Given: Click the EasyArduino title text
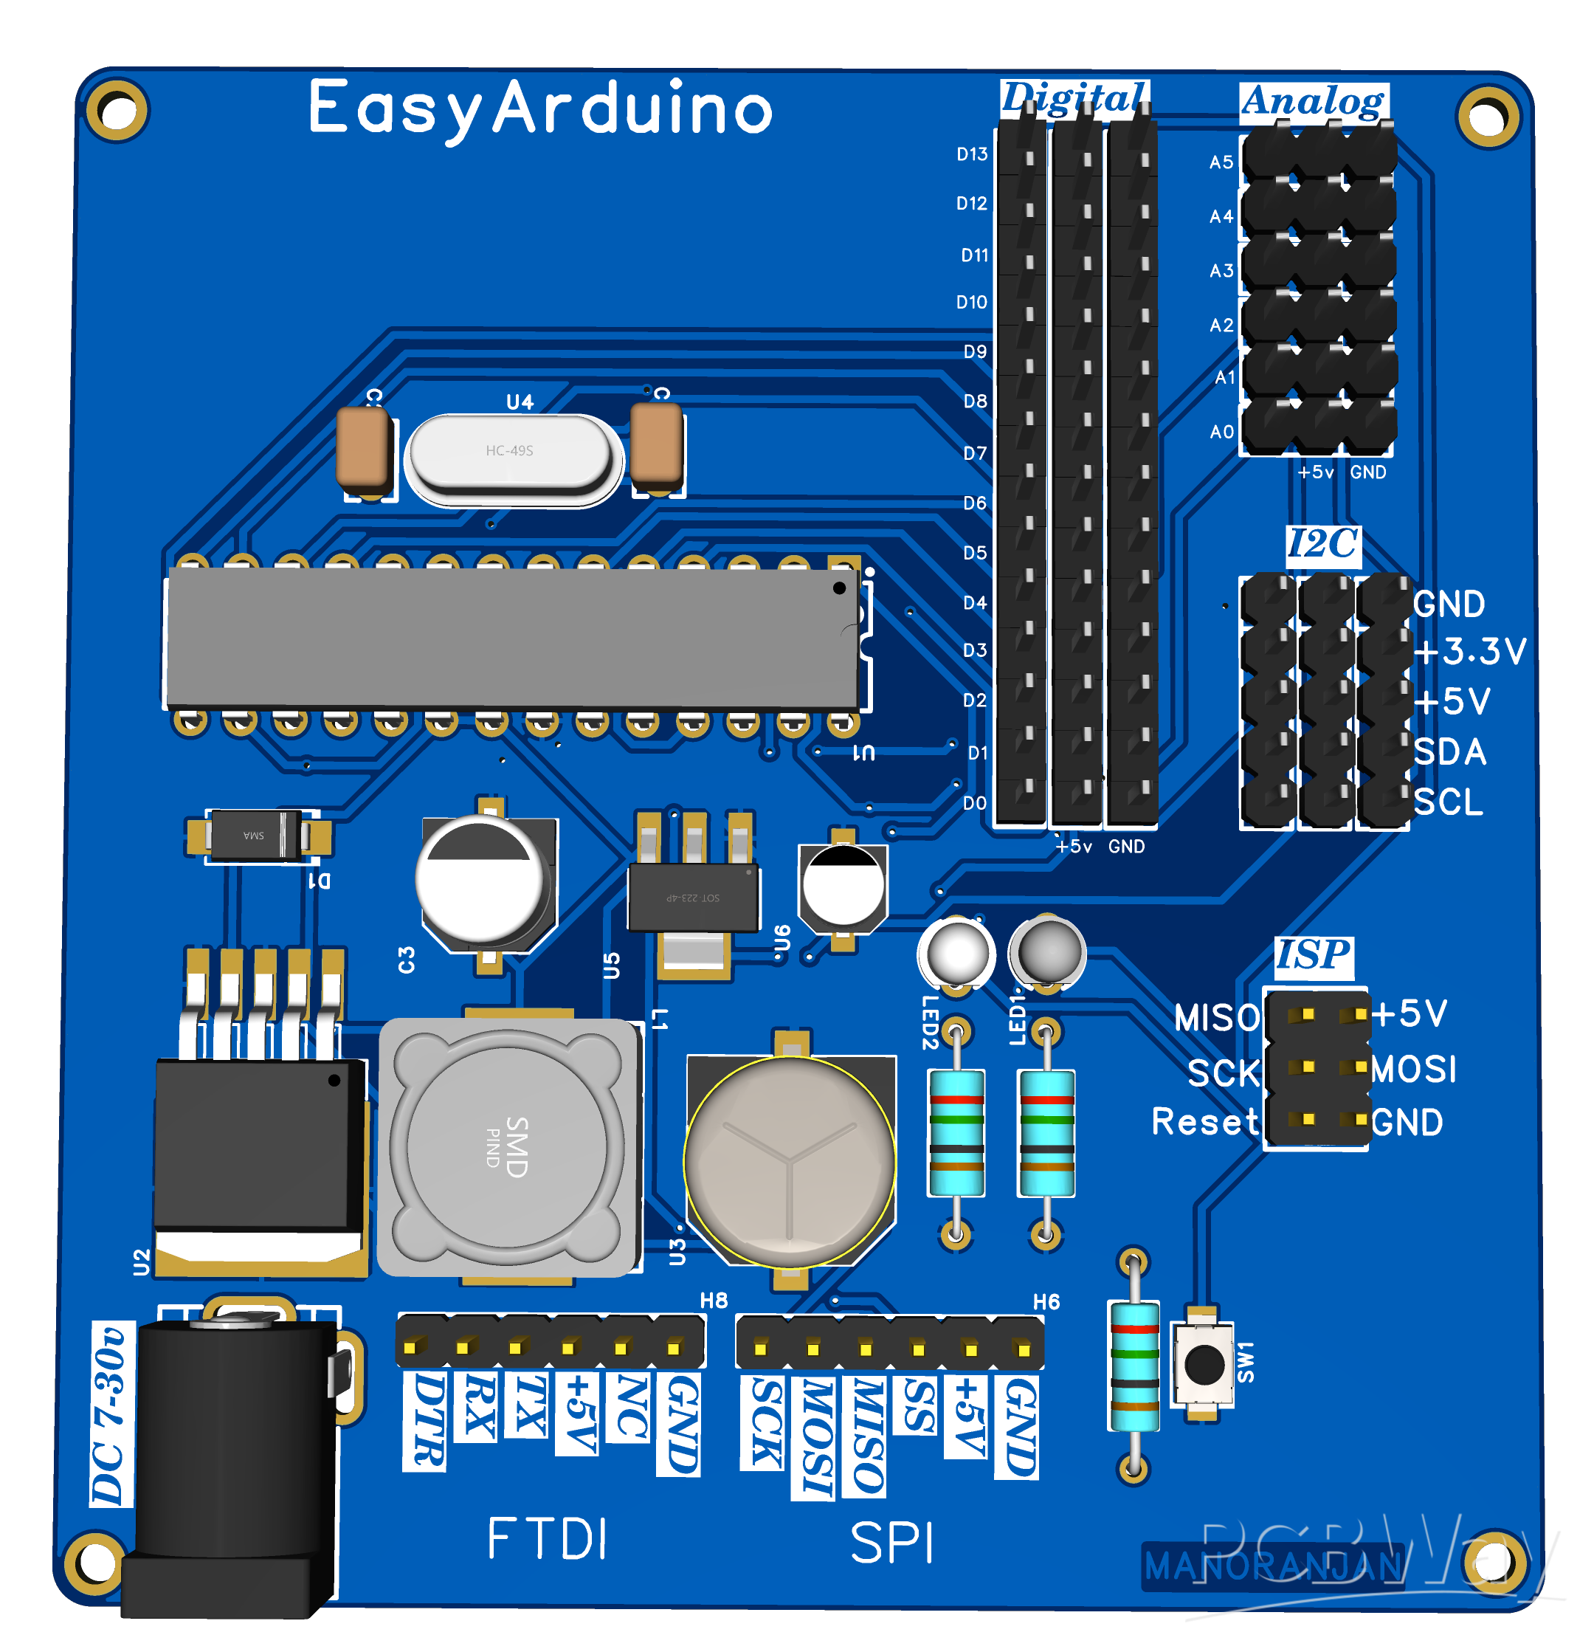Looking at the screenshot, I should click(540, 108).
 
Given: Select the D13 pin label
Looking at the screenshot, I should click(972, 154).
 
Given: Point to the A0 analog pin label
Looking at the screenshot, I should click(1221, 432).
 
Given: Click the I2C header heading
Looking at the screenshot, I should click(1322, 543).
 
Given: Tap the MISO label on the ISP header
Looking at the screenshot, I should click(1215, 1018).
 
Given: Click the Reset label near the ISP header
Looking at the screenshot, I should click(1204, 1121).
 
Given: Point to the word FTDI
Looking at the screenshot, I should click(547, 1540).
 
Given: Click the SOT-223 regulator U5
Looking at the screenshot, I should click(693, 898).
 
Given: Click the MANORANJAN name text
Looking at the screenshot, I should click(1273, 1566).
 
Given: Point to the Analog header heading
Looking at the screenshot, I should click(1312, 101).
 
